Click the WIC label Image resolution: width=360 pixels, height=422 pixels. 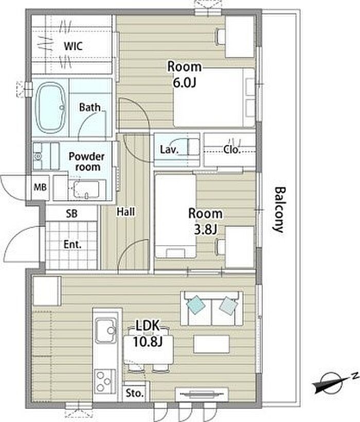coord(73,46)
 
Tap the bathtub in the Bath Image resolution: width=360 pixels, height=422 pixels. coord(50,107)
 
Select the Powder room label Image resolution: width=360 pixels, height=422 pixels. coord(86,161)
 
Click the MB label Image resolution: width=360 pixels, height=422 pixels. coord(40,187)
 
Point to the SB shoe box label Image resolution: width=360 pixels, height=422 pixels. coord(71,214)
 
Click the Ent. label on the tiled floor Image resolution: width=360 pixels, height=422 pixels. coord(73,245)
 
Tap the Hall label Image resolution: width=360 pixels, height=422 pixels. coord(126,212)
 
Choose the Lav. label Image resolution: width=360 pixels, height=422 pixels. coord(169,150)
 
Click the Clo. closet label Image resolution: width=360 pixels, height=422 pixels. coord(232,150)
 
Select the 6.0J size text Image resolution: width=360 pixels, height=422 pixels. coord(184,83)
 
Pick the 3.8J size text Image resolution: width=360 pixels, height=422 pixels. coord(205,230)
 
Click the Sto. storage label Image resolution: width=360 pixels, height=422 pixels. coord(134,393)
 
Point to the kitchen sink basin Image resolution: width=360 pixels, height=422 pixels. coord(106,331)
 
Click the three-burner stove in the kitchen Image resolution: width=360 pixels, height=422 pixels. coord(105,381)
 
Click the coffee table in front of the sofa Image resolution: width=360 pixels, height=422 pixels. coord(212,344)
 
